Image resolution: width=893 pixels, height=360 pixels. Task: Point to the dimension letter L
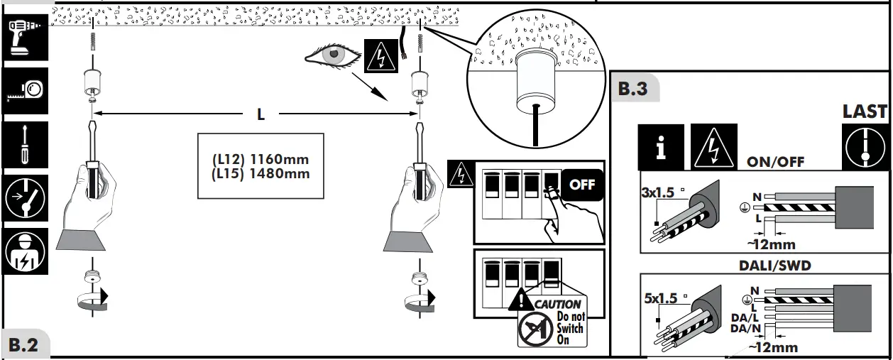(x=261, y=114)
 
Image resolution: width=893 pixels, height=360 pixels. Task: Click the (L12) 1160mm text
(x=261, y=159)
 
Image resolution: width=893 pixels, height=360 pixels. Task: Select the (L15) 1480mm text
(x=261, y=173)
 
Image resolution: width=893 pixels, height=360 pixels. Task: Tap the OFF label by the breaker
(x=582, y=185)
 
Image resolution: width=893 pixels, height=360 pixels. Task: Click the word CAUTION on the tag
(x=557, y=304)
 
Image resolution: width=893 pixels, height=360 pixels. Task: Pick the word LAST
(x=865, y=111)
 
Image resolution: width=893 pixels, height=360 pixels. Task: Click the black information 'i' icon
(x=661, y=147)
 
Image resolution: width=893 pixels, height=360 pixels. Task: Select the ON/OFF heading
(x=775, y=162)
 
